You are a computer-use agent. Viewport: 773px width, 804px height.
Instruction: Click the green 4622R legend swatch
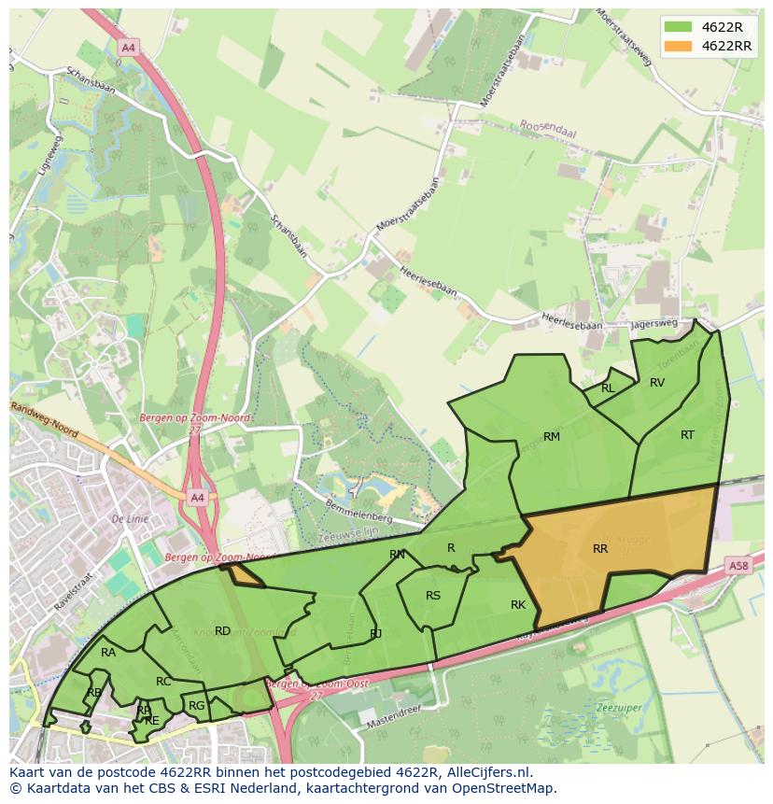point(679,26)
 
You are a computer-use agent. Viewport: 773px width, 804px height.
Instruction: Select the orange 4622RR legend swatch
point(679,46)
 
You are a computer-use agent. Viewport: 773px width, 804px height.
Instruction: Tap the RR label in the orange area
point(600,549)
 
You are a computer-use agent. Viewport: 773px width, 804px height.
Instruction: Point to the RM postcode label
point(552,437)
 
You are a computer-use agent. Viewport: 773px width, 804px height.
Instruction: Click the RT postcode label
point(687,435)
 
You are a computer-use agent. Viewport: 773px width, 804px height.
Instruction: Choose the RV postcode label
point(657,383)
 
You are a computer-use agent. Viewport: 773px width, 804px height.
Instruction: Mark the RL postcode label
point(608,388)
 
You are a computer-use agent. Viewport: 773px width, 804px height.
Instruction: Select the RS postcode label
point(433,596)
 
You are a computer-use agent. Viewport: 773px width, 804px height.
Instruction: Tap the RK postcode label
point(518,605)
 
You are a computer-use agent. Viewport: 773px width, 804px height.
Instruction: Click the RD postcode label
point(222,631)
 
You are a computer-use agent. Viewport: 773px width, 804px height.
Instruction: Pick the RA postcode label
point(108,653)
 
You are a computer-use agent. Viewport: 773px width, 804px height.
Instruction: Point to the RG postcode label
point(196,706)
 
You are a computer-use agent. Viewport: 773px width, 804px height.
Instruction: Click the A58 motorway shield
point(738,566)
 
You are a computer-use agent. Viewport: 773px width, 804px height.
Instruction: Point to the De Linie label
point(130,518)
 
